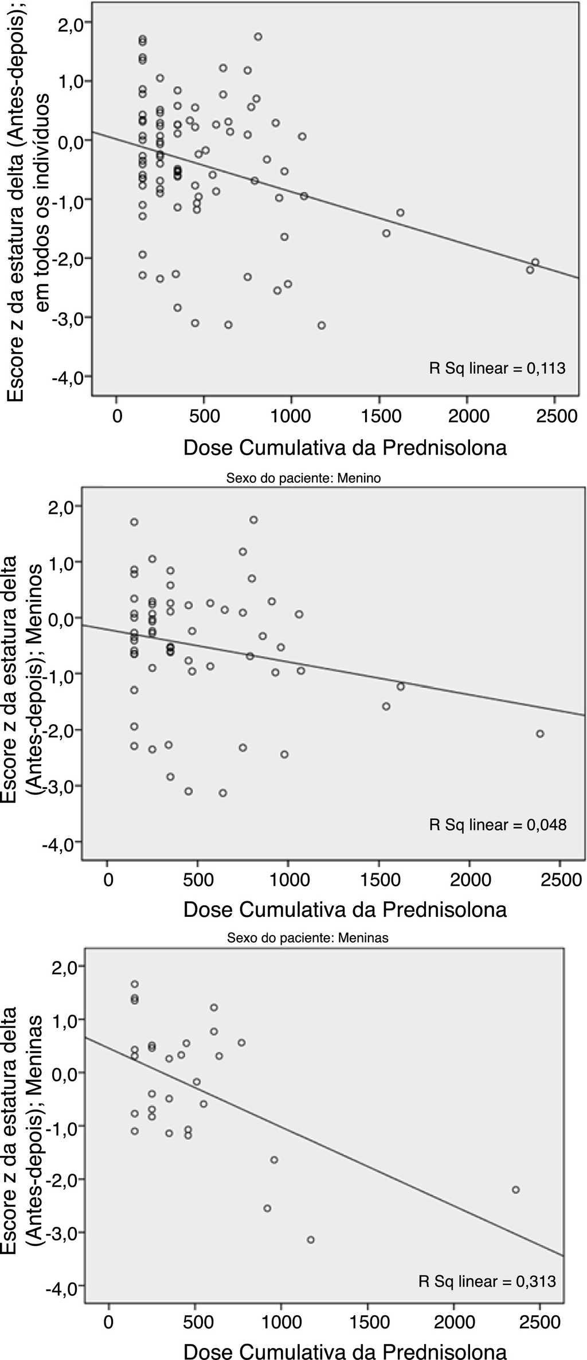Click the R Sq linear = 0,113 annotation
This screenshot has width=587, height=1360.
pos(497,369)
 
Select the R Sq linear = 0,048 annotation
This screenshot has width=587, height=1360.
pos(498,825)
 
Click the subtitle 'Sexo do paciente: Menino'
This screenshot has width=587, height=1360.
pos(304,478)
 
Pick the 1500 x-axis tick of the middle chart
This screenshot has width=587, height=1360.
pos(379,880)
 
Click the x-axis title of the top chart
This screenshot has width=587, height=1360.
pos(345,448)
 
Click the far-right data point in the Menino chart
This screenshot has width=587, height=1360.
pos(539,734)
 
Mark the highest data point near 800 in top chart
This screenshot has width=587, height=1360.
pos(258,37)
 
